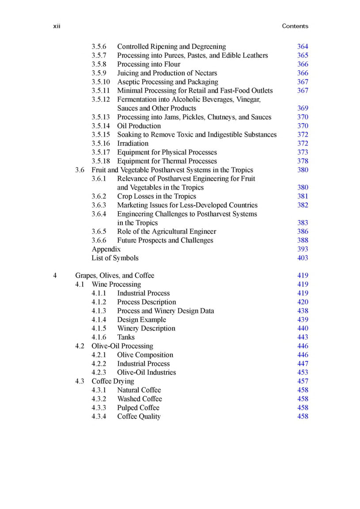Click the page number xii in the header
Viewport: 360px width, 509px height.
click(x=57, y=27)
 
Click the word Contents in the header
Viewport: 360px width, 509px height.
click(x=295, y=27)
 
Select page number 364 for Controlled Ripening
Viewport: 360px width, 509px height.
click(x=303, y=46)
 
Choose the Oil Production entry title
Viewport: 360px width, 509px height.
click(x=139, y=126)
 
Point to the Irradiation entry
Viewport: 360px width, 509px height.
click(x=133, y=144)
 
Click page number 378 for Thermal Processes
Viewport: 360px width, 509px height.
click(x=303, y=161)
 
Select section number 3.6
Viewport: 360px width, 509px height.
click(x=80, y=170)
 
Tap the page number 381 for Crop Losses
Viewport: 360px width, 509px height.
click(x=303, y=196)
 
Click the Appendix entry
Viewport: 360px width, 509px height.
click(x=106, y=249)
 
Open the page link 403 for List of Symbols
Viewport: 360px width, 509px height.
click(x=303, y=258)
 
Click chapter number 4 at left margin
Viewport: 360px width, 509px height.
click(x=55, y=276)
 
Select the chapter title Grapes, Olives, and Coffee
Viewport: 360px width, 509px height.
click(x=114, y=276)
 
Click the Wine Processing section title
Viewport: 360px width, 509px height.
click(x=116, y=285)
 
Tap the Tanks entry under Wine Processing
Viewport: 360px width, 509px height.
click(x=126, y=337)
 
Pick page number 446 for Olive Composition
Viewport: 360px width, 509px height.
click(x=303, y=355)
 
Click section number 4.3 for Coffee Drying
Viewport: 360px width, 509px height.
click(x=80, y=381)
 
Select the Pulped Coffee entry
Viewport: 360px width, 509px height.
click(x=138, y=408)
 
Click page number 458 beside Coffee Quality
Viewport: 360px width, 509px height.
click(x=303, y=417)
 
